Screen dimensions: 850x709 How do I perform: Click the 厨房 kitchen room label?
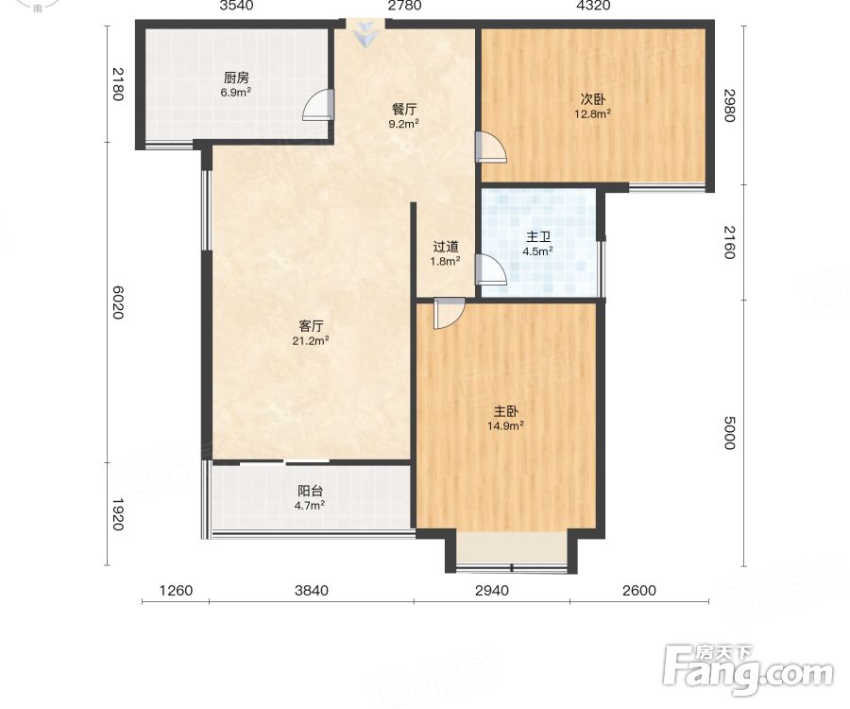[x=236, y=78]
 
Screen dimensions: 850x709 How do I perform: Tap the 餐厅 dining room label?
[x=404, y=109]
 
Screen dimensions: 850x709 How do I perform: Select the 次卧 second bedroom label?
[x=593, y=99]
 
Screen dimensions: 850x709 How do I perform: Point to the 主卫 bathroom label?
[x=538, y=237]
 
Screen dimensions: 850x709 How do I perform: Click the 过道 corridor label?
[x=446, y=247]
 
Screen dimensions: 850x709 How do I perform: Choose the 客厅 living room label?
[x=311, y=326]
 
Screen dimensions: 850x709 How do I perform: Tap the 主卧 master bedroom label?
[x=505, y=411]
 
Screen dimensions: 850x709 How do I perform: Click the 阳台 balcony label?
[x=310, y=491]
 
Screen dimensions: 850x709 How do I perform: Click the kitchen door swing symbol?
[x=318, y=105]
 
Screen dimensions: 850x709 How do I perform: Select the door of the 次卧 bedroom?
[x=491, y=147]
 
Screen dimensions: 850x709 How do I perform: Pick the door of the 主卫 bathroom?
[x=491, y=269]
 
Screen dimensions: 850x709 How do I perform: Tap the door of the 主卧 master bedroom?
[x=450, y=313]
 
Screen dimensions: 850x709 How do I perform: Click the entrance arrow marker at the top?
[x=365, y=33]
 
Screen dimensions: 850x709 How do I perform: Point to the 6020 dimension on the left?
[x=118, y=303]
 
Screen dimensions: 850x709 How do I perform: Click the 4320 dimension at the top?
[x=594, y=6]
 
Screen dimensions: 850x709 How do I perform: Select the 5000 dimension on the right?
[x=730, y=433]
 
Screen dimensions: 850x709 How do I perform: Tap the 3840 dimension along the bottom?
[x=312, y=590]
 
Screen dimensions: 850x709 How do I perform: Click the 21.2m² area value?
[x=311, y=340]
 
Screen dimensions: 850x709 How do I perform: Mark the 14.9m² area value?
[x=505, y=425]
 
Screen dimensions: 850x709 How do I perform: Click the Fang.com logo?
[x=749, y=671]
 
